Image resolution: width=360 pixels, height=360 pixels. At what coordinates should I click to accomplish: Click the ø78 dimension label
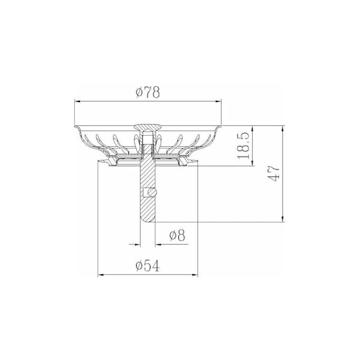coord(148,92)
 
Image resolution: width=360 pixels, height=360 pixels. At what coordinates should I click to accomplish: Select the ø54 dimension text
coord(148,266)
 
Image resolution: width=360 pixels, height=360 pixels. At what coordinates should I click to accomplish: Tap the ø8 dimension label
coord(177,235)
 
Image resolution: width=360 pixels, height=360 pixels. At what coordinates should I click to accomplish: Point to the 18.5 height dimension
coord(244,145)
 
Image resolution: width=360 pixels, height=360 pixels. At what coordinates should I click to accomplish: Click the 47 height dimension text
coord(274,173)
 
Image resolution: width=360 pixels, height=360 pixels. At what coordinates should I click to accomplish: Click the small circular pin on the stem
coord(152,193)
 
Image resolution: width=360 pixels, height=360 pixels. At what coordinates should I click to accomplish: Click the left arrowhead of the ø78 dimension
coord(77,101)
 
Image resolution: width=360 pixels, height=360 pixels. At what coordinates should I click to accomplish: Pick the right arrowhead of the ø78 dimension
coord(218,101)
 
